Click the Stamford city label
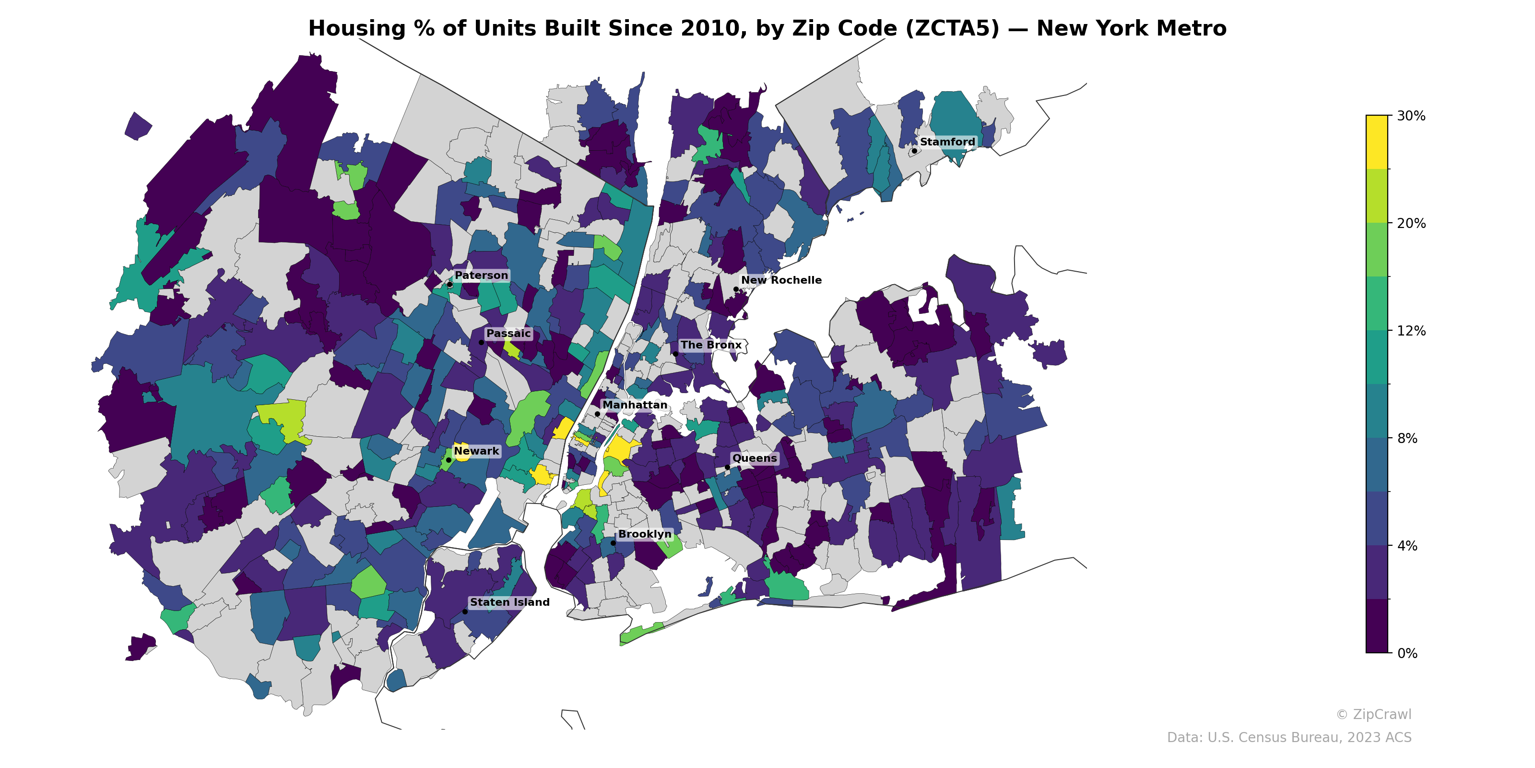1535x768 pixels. coord(947,142)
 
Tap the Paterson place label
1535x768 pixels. coord(481,276)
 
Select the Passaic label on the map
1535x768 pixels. coord(508,333)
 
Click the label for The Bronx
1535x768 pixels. coord(711,345)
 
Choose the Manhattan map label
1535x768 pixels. coord(635,405)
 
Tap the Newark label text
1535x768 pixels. coord(476,451)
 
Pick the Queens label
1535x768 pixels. coord(755,458)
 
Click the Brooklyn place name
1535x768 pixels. coord(645,534)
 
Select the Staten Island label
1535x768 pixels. coord(509,602)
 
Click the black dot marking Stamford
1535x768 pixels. coord(914,151)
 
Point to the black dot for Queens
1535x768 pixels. coord(727,467)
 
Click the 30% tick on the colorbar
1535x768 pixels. coord(1410,116)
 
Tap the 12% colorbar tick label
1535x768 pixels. coord(1410,331)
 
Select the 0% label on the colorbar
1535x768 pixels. coord(1407,653)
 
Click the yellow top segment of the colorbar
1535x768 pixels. coord(1377,142)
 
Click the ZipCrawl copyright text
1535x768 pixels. coord(1373,714)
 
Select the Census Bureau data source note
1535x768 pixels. coord(1288,738)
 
